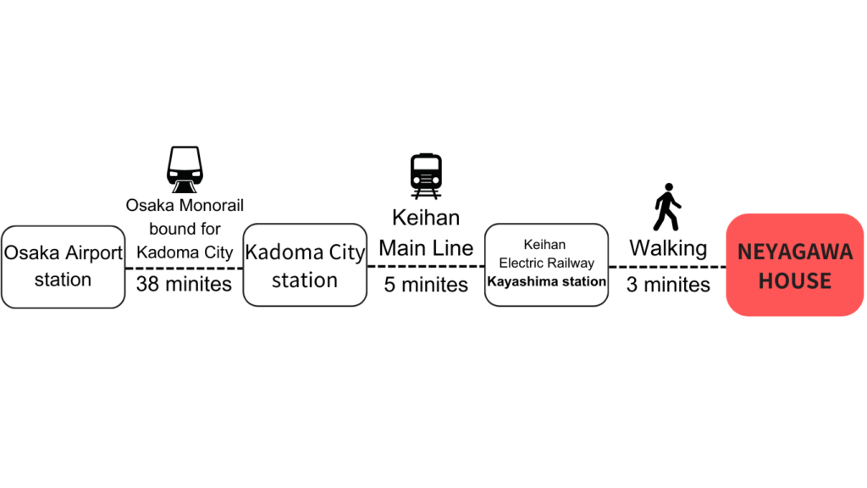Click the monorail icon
tap(185, 169)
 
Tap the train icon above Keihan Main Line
tap(426, 176)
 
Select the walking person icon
tap(667, 207)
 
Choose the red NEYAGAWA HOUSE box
tap(795, 265)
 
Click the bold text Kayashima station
tap(546, 281)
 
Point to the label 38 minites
tap(184, 284)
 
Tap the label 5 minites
tap(426, 285)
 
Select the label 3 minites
tap(668, 285)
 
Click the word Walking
tap(668, 248)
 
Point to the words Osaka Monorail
tap(185, 205)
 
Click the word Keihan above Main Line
tap(426, 218)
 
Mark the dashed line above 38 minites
tap(184, 269)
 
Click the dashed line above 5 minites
tap(426, 266)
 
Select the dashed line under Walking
tap(667, 267)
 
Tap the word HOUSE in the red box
tap(795, 281)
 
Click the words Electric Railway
tap(546, 263)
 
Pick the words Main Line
tap(426, 248)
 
